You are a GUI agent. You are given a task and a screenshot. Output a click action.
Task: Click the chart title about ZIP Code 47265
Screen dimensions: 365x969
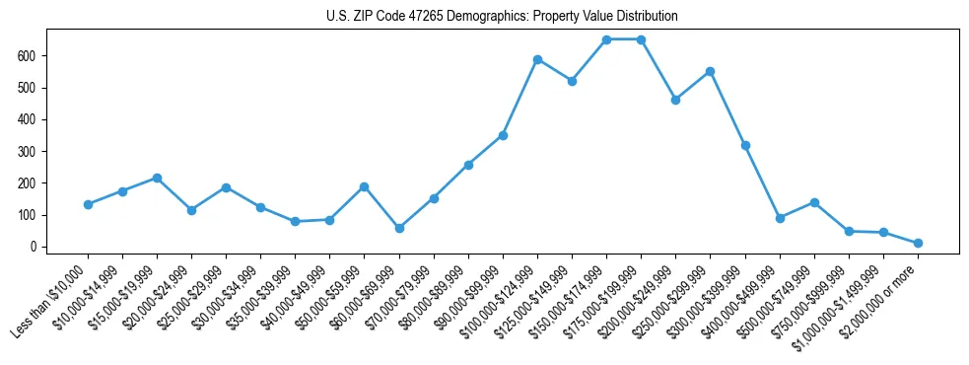tap(502, 17)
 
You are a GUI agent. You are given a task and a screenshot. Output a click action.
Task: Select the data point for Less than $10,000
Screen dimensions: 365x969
tap(88, 204)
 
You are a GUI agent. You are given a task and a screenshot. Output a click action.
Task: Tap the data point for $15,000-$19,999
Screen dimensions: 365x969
tap(157, 178)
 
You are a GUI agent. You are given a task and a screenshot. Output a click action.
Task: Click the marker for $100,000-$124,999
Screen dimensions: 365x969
tap(537, 59)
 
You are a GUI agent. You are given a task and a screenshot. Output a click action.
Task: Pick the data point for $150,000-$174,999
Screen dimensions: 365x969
tap(606, 39)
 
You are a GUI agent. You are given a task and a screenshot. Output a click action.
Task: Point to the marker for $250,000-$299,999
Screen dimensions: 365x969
tap(710, 71)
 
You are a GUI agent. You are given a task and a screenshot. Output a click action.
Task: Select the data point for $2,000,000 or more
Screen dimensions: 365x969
tap(918, 243)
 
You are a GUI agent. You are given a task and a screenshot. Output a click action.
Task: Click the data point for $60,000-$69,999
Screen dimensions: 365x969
tap(399, 228)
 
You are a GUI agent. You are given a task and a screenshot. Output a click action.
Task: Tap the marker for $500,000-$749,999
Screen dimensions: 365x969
tap(814, 202)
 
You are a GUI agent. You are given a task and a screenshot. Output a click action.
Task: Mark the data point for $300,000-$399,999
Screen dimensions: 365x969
tap(745, 145)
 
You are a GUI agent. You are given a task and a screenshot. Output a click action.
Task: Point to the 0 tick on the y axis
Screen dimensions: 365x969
tap(33, 247)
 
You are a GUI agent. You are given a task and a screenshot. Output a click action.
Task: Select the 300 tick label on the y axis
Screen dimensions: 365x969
tap(27, 152)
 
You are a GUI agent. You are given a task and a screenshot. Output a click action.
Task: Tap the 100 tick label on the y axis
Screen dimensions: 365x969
tap(27, 215)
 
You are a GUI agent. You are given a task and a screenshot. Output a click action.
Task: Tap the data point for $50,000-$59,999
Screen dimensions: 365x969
tap(365, 186)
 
